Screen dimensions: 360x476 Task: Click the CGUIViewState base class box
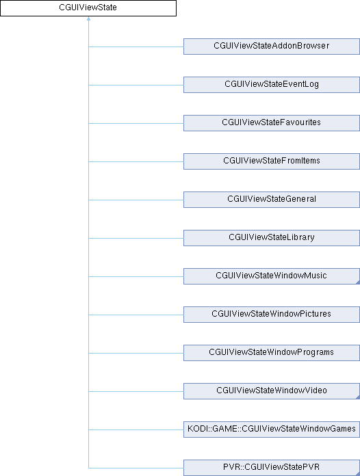88,8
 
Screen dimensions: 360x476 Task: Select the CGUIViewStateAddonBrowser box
272,47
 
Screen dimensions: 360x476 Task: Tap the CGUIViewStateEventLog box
272,85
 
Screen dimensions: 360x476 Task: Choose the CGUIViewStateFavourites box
272,123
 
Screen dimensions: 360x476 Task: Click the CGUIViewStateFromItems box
272,161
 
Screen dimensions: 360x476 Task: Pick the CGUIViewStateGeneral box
272,200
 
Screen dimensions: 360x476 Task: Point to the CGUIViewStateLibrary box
272,238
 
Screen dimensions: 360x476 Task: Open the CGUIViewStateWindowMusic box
272,276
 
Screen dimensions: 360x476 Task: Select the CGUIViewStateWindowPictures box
272,314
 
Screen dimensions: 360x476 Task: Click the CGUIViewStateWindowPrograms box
272,352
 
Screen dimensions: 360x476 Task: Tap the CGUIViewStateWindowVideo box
272,391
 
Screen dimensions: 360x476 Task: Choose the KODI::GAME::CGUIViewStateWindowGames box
272,429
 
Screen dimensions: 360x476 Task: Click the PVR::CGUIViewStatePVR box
272,467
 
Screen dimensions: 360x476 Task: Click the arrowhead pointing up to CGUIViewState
88,19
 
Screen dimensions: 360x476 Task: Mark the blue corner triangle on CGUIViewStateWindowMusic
358,282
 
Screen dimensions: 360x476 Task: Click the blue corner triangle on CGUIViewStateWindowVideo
358,397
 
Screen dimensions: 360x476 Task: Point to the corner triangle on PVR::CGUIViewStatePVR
358,473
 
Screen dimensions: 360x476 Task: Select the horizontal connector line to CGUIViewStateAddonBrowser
136,47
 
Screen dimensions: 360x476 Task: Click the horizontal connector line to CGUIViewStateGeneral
136,200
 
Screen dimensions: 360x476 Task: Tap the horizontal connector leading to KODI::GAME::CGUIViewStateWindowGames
136,429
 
